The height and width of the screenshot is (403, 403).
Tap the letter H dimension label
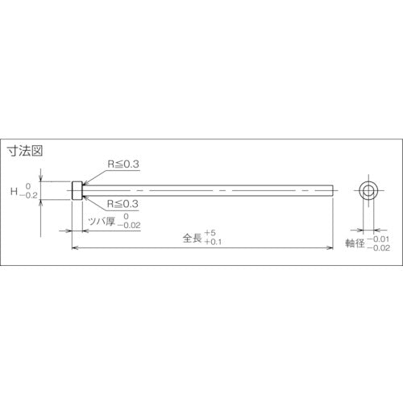click(x=14, y=191)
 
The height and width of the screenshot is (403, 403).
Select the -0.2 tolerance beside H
click(x=31, y=196)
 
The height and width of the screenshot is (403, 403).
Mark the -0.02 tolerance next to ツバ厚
click(x=127, y=225)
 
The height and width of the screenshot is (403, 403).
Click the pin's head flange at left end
click(x=76, y=190)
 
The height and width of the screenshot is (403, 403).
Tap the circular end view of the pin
click(x=368, y=191)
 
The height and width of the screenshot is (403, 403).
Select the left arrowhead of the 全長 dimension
click(x=76, y=250)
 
